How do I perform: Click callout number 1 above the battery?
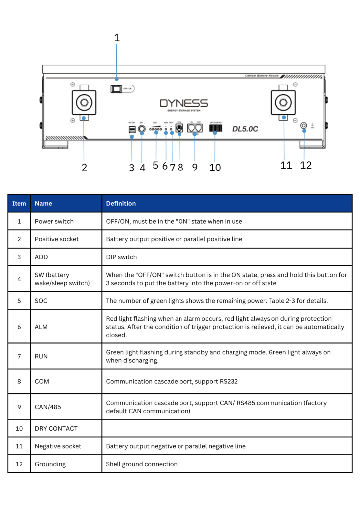tap(117, 38)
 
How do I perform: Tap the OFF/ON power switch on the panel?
tap(116, 89)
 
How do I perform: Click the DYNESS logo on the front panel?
tap(183, 104)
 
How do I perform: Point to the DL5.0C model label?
tap(245, 129)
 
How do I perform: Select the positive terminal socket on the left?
tap(85, 103)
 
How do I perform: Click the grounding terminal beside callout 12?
tap(304, 127)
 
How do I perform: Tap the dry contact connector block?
tap(216, 128)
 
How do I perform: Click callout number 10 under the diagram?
tap(215, 168)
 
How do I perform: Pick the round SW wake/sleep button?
tap(142, 130)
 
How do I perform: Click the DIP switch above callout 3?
tap(131, 130)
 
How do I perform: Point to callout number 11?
tap(286, 165)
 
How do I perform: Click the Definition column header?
tap(121, 203)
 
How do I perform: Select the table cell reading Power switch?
tap(54, 221)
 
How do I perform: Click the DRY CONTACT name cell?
tap(56, 428)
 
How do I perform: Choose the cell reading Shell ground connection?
tap(142, 464)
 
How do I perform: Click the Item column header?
tap(19, 203)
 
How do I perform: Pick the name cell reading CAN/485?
tap(48, 406)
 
